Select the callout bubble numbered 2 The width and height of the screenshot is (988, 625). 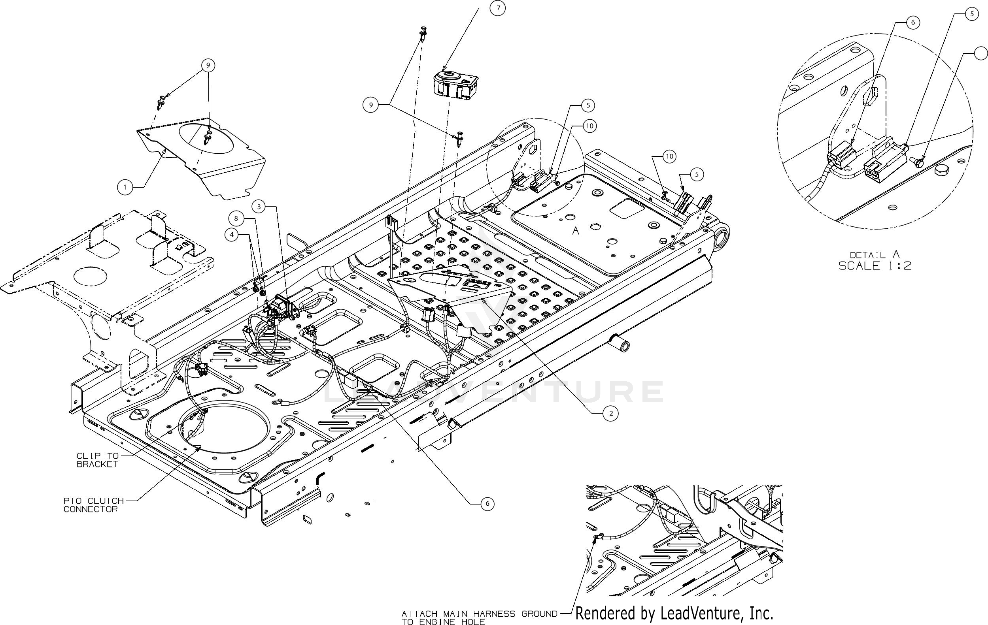tap(611, 413)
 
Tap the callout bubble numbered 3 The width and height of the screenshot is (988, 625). tap(259, 207)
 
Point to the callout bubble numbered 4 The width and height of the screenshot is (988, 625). tap(232, 235)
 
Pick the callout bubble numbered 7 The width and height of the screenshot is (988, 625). tap(498, 8)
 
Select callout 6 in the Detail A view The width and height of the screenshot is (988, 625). tap(912, 22)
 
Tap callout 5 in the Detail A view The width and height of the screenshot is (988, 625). tap(971, 14)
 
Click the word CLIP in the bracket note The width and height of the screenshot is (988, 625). tap(86, 456)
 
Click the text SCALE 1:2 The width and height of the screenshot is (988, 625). tap(875, 266)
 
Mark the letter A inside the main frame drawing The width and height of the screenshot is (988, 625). tap(576, 231)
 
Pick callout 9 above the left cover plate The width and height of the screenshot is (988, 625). tap(208, 65)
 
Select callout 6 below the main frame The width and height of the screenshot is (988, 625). tap(487, 504)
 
